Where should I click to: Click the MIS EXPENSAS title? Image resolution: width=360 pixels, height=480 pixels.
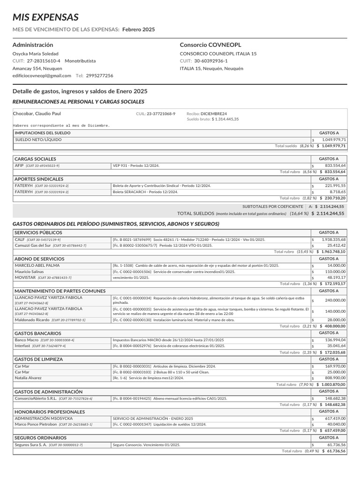(45, 18)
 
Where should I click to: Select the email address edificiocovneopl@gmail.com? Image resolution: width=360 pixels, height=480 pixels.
(42, 75)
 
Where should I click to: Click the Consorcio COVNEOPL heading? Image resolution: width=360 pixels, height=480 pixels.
(210, 45)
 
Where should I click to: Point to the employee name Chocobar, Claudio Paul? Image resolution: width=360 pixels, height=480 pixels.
(37, 113)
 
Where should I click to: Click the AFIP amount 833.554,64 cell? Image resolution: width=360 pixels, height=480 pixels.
(333, 165)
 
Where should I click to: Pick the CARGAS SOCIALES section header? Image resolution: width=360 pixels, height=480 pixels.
(35, 159)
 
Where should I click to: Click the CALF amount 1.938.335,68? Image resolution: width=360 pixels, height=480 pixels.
(333, 240)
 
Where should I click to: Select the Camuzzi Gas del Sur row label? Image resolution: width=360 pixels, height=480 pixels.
(33, 245)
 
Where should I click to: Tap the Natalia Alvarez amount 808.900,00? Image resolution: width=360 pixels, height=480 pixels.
(333, 378)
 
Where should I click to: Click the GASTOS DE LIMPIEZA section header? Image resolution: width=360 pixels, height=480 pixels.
(38, 359)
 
